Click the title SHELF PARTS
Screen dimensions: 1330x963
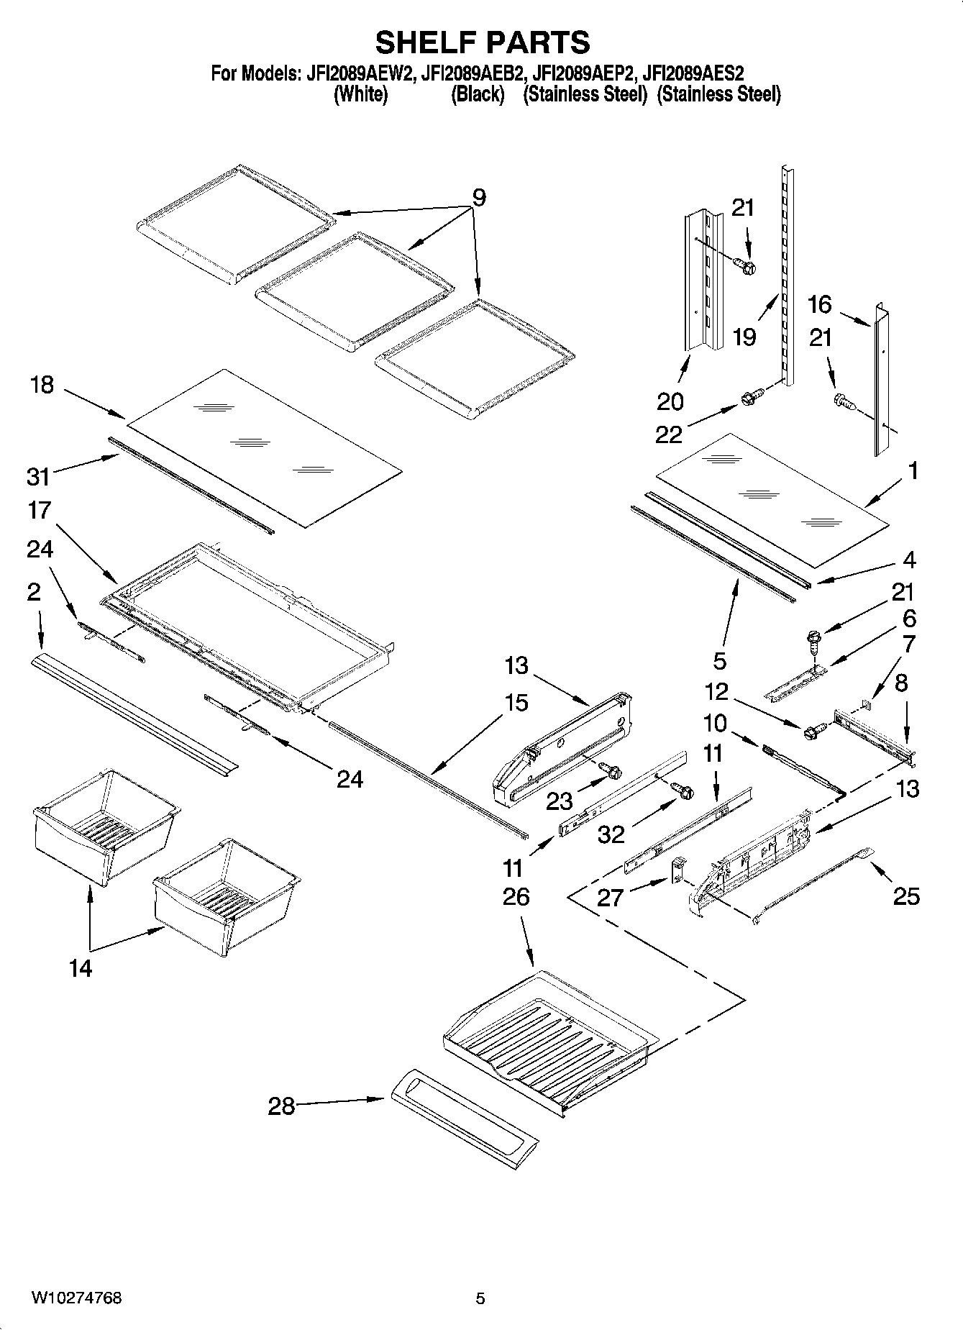click(483, 42)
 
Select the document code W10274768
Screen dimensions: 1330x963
click(76, 1298)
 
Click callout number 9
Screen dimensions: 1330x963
click(479, 197)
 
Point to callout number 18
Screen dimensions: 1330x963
click(42, 385)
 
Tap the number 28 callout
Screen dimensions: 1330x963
click(282, 1106)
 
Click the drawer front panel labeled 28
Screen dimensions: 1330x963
click(465, 1130)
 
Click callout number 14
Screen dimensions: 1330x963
click(81, 968)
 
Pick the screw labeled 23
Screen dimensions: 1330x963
click(613, 771)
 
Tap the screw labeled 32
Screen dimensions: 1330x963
click(684, 791)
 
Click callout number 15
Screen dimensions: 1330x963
click(516, 703)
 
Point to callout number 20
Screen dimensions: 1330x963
click(670, 401)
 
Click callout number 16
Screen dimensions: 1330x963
click(820, 304)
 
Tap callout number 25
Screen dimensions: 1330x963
click(905, 896)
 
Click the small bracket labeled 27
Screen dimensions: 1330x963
click(677, 871)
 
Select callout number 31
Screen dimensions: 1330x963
click(39, 475)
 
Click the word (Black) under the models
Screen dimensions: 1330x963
click(477, 94)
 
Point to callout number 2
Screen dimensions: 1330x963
click(34, 592)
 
